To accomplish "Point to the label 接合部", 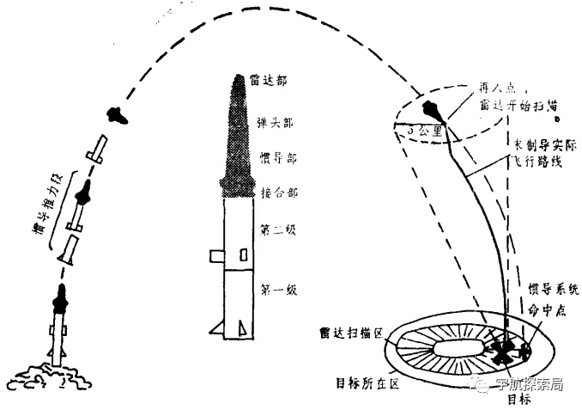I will pyautogui.click(x=274, y=194).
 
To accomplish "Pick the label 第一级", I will pyautogui.click(x=274, y=291).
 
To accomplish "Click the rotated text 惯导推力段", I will pyautogui.click(x=45, y=211).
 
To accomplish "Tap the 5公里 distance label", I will pyautogui.click(x=424, y=132).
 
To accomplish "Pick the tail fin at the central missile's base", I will pyautogui.click(x=242, y=327).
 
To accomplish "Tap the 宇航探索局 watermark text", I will pyautogui.click(x=529, y=383).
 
